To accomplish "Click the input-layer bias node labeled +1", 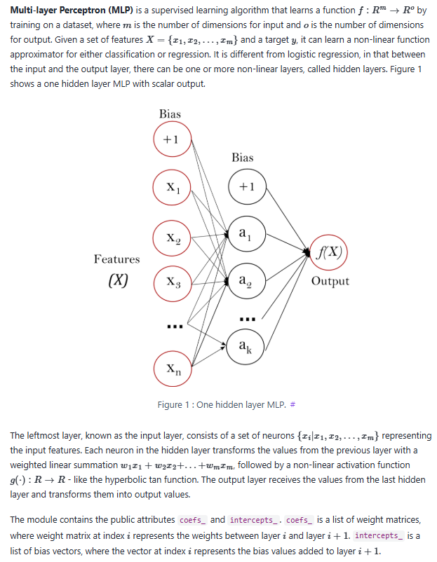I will tap(171, 139).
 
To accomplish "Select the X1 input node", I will tap(171, 187).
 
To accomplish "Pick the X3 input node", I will tap(171, 284).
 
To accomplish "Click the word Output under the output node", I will tap(330, 281).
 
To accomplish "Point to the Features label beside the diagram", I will tap(116, 259).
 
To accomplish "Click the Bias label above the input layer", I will tap(170, 114).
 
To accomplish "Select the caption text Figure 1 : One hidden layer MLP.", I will tap(222, 405).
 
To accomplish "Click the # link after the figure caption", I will tap(293, 405).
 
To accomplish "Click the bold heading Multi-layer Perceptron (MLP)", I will tap(67, 9).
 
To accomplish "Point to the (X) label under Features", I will tap(117, 281).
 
